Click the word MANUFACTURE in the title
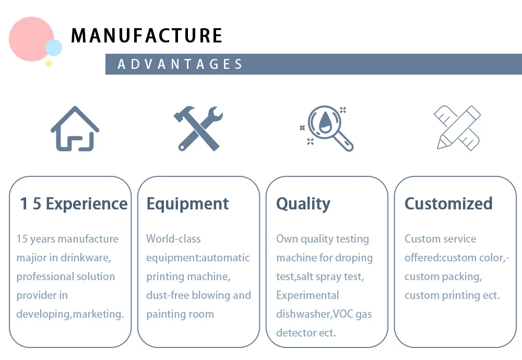[x=147, y=35]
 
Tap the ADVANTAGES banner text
[x=180, y=64]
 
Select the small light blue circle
[x=53, y=48]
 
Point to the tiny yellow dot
[x=49, y=63]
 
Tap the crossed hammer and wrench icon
[x=198, y=128]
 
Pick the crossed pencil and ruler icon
[x=457, y=128]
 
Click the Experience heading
[x=87, y=203]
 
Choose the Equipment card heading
[x=187, y=203]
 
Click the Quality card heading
[x=303, y=203]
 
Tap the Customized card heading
[x=448, y=203]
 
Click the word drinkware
[x=85, y=258]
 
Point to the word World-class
[x=173, y=239]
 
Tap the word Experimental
[x=307, y=295]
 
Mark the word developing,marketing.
[x=70, y=314]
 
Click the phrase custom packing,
[x=443, y=277]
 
